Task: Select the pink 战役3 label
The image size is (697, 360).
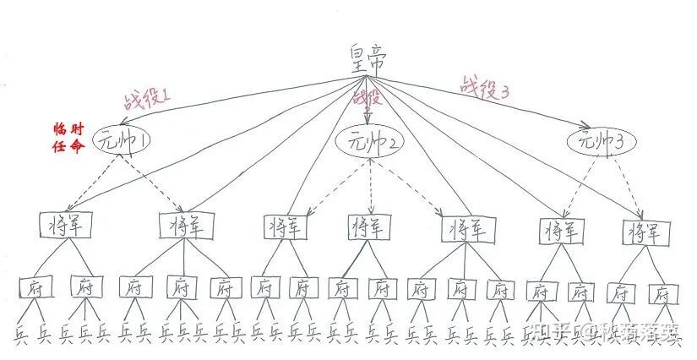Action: [x=484, y=85]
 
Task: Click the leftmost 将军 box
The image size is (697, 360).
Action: [x=65, y=226]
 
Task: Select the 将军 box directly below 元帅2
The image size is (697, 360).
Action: [x=368, y=226]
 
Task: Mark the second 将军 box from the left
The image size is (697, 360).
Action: [x=184, y=226]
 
